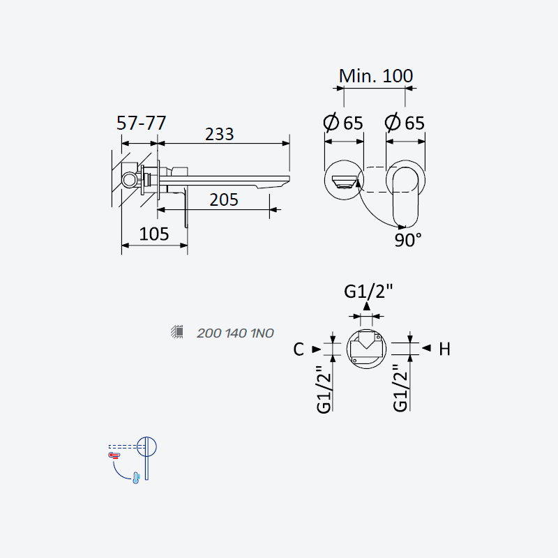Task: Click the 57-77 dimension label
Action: click(x=142, y=123)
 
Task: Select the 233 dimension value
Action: click(x=219, y=135)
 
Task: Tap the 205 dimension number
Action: click(x=223, y=199)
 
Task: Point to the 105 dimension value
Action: click(x=153, y=234)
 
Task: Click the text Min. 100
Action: click(x=376, y=76)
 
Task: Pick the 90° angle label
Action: click(x=408, y=240)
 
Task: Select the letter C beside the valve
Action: click(x=299, y=349)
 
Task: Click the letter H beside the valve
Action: click(x=444, y=349)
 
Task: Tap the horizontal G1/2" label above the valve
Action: click(x=368, y=292)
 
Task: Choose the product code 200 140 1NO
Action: click(x=235, y=333)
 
